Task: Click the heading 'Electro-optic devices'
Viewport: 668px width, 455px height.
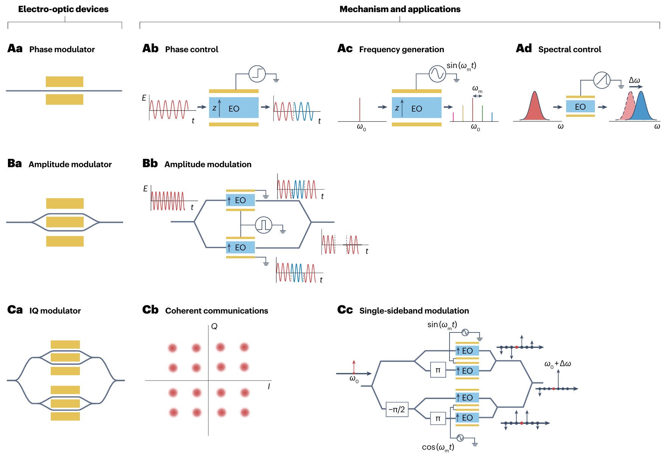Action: (x=63, y=9)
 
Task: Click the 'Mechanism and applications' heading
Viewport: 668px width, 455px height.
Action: (x=400, y=9)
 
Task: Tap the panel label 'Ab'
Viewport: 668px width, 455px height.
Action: (x=150, y=48)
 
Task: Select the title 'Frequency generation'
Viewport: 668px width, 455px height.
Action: (x=401, y=49)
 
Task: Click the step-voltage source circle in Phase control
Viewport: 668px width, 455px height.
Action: (x=257, y=74)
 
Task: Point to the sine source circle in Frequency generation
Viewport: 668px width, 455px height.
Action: (x=437, y=74)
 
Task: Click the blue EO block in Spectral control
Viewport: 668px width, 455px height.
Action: (x=580, y=107)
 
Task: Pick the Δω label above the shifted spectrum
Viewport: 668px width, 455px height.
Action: (x=634, y=80)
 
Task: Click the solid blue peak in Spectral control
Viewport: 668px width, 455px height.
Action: (x=641, y=108)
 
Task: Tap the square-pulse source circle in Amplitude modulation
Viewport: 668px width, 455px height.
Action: (x=264, y=225)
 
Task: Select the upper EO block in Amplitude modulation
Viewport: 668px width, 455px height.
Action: (x=240, y=200)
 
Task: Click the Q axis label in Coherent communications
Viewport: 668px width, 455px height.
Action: (x=214, y=326)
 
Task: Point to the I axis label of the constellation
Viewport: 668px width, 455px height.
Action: (x=269, y=386)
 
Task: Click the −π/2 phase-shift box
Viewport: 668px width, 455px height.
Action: (x=397, y=409)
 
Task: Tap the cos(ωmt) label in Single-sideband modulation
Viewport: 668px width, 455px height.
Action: (x=438, y=447)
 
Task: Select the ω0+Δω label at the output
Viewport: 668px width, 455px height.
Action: (x=557, y=364)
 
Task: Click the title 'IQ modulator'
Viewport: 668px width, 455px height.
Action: (x=55, y=311)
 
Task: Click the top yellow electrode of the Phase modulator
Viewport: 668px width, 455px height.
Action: (x=64, y=82)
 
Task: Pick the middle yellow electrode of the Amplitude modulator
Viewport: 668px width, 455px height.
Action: (x=65, y=222)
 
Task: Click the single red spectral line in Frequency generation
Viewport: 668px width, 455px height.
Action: (x=360, y=110)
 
